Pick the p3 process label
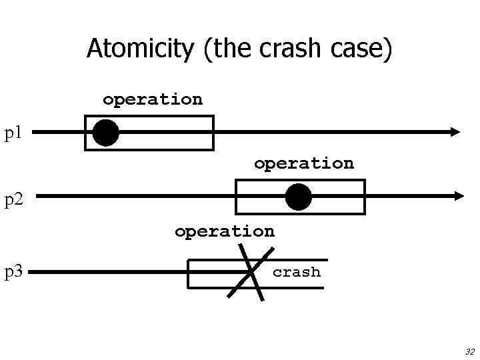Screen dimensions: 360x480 click(13, 272)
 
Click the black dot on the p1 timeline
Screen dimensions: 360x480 click(105, 133)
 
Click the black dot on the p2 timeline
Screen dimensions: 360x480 click(298, 197)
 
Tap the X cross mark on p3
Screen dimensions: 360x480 click(250, 272)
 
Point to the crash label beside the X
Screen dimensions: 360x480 click(297, 272)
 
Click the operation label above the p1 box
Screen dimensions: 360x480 click(152, 99)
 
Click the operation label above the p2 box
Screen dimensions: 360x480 click(303, 163)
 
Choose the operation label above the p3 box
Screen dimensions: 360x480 click(224, 231)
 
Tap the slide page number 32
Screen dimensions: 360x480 click(469, 351)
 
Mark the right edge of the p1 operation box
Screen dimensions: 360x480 click(213, 133)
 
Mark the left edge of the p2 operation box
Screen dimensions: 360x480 click(237, 197)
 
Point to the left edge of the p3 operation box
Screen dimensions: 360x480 click(189, 273)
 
